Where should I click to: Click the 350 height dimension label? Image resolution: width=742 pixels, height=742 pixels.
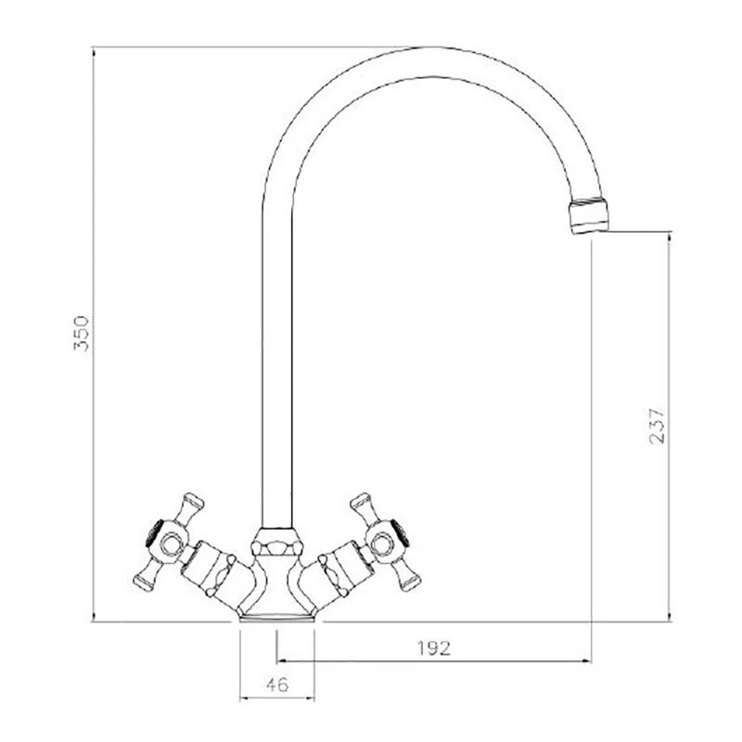click(x=82, y=333)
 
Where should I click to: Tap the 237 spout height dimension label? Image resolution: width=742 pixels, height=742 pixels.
click(x=657, y=426)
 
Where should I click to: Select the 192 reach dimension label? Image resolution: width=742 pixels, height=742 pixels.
click(x=434, y=647)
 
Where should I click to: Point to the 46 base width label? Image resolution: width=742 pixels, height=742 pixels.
click(x=276, y=684)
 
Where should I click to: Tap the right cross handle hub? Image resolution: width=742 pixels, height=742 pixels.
click(x=383, y=544)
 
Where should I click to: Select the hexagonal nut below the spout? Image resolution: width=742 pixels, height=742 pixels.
click(x=276, y=542)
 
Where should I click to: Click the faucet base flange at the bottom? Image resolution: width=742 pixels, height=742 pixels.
click(x=276, y=617)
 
